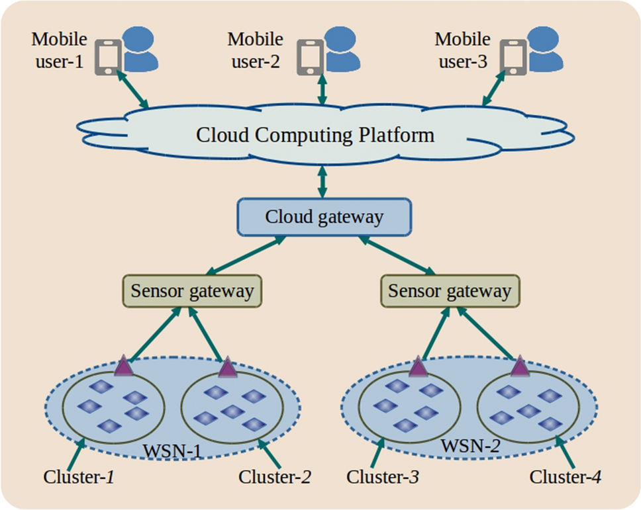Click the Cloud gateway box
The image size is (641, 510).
pos(324,217)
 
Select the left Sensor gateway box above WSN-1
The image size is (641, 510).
pos(191,291)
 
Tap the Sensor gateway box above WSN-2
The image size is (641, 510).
pos(449,291)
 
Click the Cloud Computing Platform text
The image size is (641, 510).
pos(315,136)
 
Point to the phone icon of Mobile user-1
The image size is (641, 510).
pos(107,56)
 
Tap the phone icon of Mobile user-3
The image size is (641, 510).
pos(512,56)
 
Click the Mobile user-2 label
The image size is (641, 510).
pos(255,51)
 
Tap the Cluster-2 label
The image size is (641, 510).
pos(275,476)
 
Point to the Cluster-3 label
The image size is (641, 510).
pos(383,476)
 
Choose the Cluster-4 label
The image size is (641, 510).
pos(566,476)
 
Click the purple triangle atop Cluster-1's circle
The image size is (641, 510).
pos(123,365)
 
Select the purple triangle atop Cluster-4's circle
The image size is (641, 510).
pos(518,366)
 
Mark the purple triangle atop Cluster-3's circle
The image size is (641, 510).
pos(418,366)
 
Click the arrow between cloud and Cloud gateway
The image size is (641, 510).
pos(323,179)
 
